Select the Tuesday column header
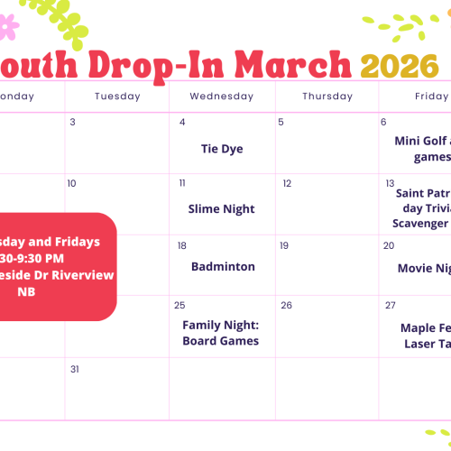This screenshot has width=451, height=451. pos(117,97)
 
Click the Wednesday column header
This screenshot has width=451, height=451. pos(222,97)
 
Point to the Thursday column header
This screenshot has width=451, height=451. pos(327,97)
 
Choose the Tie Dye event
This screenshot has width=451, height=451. pos(222,149)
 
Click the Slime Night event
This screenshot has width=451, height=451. pos(222,208)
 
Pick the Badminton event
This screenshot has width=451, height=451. pos(223,267)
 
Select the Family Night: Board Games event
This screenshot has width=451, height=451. pos(221,333)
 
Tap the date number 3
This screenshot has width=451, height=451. pos(72,123)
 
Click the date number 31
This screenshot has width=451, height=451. pos(75,369)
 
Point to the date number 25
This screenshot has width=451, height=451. pos(180,306)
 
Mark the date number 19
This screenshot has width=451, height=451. pos(283,245)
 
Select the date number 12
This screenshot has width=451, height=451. pos(287,184)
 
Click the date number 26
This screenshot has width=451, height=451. pos(287,306)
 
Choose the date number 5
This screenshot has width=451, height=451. pos(281,123)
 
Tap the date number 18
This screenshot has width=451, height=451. pos(182,245)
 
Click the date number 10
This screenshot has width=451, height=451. pos(72,184)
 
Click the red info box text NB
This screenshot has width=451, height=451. pos(27,291)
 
